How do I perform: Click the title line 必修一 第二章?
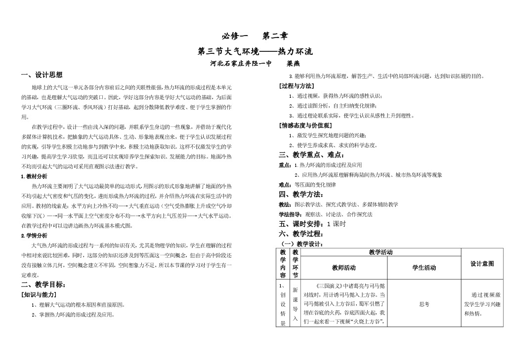254,36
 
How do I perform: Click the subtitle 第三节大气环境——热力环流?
255,51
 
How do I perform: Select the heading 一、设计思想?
42,75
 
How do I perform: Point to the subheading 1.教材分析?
34,176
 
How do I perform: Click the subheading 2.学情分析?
34,235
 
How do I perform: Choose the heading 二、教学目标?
43,284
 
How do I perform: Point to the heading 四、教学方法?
299,194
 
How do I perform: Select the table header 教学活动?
381,252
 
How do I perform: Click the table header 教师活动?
343,268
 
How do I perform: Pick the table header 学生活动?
424,268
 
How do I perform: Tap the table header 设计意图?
482,264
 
